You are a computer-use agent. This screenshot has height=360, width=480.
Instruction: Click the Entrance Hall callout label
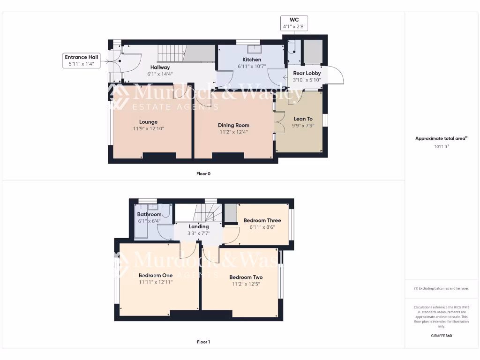[x=82, y=60]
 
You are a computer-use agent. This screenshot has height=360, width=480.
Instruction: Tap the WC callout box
[x=294, y=23]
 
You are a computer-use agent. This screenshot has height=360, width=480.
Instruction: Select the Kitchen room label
[x=252, y=60]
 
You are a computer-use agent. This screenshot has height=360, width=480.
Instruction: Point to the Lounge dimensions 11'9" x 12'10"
[x=148, y=128]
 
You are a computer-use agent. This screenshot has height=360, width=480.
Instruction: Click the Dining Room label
[x=233, y=125]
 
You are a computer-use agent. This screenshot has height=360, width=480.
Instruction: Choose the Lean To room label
[x=303, y=119]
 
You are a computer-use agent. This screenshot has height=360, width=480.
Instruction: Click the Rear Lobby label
[x=307, y=73]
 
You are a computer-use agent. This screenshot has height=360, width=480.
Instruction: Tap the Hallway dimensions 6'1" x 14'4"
[x=160, y=74]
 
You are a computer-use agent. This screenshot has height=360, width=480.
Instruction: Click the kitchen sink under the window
[x=255, y=49]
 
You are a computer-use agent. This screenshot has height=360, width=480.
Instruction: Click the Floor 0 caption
[x=203, y=174]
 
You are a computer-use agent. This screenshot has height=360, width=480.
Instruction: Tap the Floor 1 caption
[x=203, y=342]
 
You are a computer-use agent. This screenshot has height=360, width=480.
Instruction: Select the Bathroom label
[x=149, y=214]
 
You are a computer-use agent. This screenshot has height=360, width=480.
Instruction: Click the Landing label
[x=198, y=226]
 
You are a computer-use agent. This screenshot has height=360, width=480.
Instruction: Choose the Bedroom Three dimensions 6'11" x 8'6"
[x=262, y=227]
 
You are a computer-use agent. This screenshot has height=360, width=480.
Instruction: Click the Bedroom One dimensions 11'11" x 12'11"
[x=156, y=282]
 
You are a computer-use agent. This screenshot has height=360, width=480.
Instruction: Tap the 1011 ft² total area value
[x=441, y=147]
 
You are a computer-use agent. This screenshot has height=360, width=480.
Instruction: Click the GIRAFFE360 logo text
[x=441, y=336]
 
